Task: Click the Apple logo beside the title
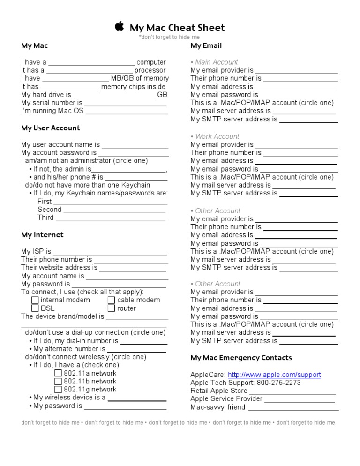[x=120, y=27]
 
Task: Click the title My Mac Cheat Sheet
[x=177, y=28]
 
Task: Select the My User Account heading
[x=51, y=128]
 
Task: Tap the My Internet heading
[x=42, y=235]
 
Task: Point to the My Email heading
[x=206, y=46]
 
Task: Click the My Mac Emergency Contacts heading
[x=241, y=358]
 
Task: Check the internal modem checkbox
[x=35, y=300]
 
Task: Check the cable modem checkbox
[x=112, y=300]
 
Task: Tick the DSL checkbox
[x=35, y=308]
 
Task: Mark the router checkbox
[x=112, y=308]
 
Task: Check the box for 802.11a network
[x=58, y=373]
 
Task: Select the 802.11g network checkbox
[x=58, y=389]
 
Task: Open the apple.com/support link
[x=274, y=375]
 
